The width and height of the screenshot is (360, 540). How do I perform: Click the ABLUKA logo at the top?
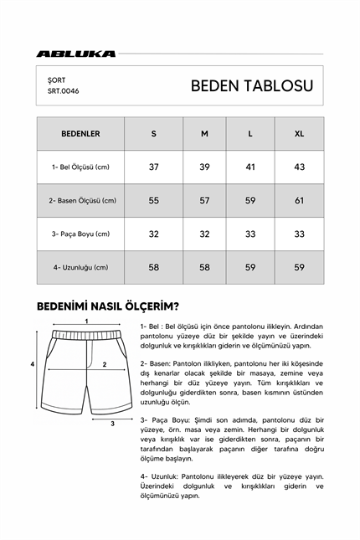point(75,54)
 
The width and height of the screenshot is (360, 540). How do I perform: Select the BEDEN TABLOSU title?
point(252,85)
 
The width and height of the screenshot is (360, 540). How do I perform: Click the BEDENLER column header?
point(80,133)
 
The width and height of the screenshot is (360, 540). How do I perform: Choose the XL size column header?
point(300,133)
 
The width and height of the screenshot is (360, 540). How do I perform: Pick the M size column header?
point(203,133)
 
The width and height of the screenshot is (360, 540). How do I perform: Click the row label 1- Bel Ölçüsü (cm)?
point(80,167)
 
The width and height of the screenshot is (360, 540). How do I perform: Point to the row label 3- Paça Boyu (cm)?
point(80,234)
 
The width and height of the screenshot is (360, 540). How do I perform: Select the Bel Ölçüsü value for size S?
point(154,167)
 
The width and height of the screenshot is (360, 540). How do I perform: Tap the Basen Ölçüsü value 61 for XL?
point(300,201)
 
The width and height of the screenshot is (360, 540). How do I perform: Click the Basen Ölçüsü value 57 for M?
point(203,201)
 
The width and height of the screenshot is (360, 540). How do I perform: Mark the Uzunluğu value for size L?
point(250,268)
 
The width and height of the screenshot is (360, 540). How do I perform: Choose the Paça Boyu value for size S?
point(154,234)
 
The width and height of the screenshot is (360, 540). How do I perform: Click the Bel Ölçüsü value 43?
point(300,167)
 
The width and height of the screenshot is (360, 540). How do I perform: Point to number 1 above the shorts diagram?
point(86,321)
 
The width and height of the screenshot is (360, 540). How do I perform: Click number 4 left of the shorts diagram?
point(32,365)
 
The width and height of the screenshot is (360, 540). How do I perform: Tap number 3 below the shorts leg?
point(113,424)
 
